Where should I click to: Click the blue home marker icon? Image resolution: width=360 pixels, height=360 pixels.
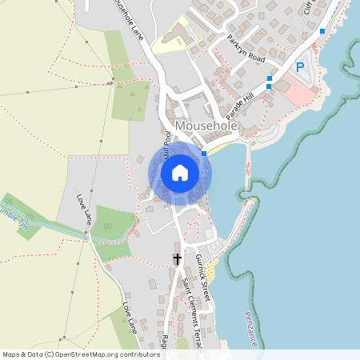pyautogui.click(x=180, y=173)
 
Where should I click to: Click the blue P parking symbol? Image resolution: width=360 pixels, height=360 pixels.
pyautogui.click(x=300, y=67)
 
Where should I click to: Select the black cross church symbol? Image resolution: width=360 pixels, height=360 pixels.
pyautogui.click(x=177, y=259)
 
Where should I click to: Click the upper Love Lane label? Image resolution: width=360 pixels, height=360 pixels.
pyautogui.click(x=86, y=207)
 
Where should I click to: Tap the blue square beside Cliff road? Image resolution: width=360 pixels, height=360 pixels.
pyautogui.click(x=322, y=31)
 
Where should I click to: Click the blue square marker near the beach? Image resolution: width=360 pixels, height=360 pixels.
pyautogui.click(x=204, y=153)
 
